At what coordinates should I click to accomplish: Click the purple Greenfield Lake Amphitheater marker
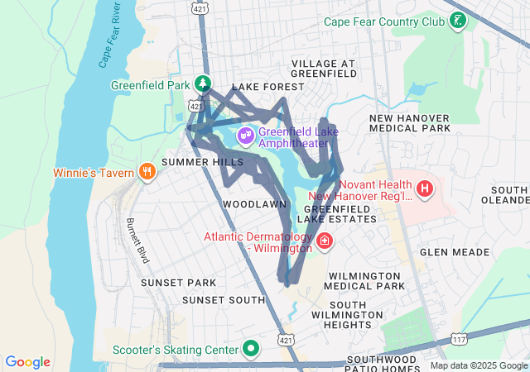[x=245, y=135]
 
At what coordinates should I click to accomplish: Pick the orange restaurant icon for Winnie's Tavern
[x=147, y=172]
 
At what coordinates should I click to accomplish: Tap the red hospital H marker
[x=425, y=189]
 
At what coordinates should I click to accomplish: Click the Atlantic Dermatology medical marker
[x=325, y=242]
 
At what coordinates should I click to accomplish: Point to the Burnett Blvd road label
[x=137, y=241]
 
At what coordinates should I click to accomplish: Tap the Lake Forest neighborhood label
[x=263, y=87]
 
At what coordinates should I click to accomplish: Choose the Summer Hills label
[x=197, y=162]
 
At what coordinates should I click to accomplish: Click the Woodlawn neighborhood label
[x=254, y=203]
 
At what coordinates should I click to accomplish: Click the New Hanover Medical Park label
[x=410, y=123]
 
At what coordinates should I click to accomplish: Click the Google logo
[x=27, y=362]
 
